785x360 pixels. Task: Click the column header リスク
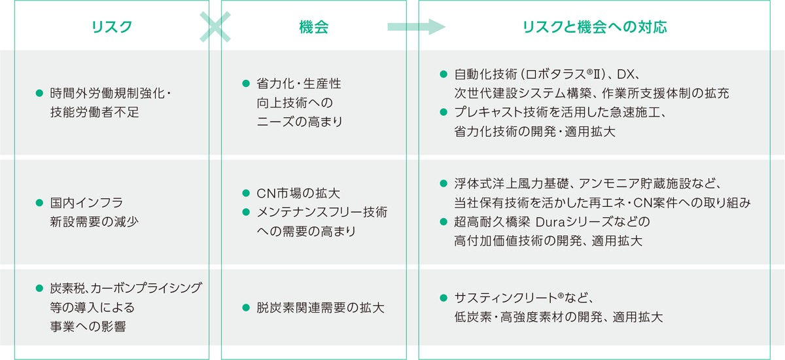tap(112, 27)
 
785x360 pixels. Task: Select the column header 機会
tap(313, 27)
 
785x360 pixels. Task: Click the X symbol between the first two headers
tap(215, 27)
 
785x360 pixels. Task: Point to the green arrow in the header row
tap(416, 27)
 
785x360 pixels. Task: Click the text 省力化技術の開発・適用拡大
tap(534, 131)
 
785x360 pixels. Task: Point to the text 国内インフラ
tap(86, 203)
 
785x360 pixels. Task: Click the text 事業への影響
tap(88, 326)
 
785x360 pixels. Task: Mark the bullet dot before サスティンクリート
tap(443, 298)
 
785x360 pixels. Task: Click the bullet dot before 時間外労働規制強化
tap(39, 94)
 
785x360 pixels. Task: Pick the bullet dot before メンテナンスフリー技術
tap(246, 212)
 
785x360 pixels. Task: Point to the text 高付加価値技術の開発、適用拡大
tap(548, 241)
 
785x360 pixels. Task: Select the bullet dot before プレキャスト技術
tap(443, 113)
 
